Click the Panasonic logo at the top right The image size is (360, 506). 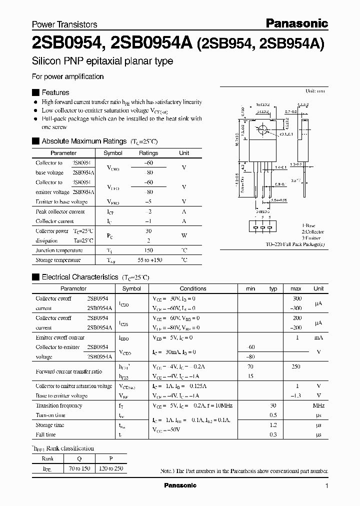296,23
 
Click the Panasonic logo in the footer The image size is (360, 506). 180,485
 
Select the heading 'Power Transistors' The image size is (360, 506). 64,24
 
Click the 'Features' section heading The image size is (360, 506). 55,92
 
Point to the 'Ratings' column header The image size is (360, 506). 148,153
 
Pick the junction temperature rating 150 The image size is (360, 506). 148,250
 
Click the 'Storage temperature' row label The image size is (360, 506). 58,260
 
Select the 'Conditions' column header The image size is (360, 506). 193,288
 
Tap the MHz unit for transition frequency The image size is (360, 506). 318,405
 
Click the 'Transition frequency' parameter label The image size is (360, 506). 59,405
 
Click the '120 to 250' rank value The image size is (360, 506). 110,469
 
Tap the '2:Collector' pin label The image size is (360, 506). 312,232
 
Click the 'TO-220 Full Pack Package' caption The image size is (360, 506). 295,244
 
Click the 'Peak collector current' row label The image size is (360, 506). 60,211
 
